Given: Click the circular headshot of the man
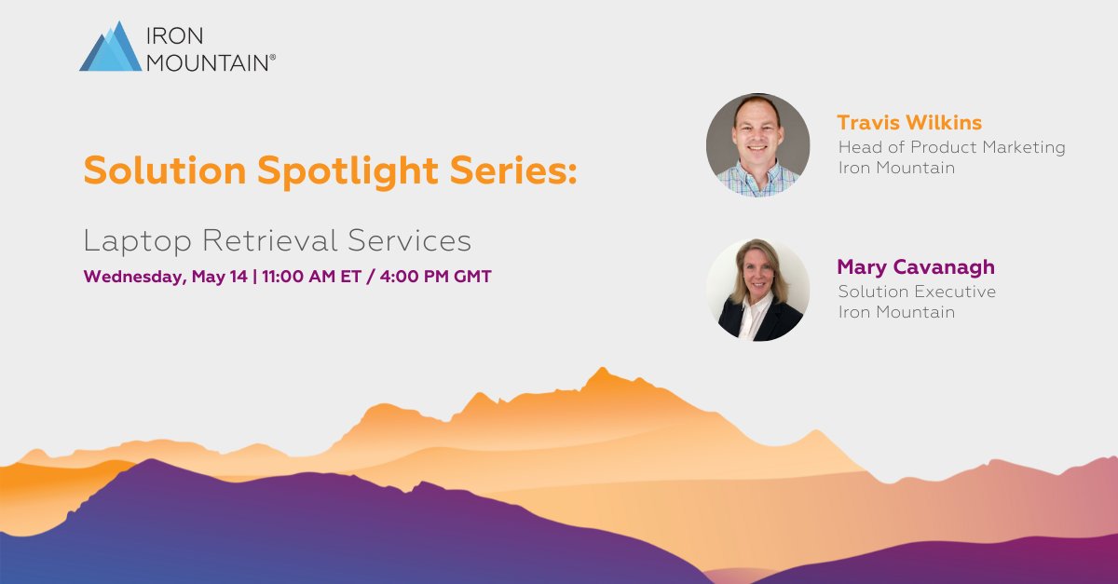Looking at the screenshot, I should click(757, 144).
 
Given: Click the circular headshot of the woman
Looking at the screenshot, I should click(757, 290).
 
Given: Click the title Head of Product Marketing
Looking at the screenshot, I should click(951, 147).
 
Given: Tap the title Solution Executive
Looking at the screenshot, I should click(917, 292).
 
